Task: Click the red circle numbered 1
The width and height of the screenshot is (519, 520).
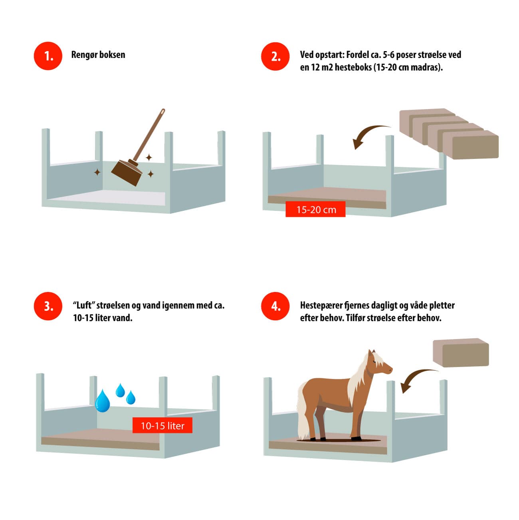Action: pyautogui.click(x=48, y=56)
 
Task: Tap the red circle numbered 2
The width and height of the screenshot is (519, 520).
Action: pyautogui.click(x=275, y=56)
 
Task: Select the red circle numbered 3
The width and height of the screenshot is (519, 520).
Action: pyautogui.click(x=48, y=306)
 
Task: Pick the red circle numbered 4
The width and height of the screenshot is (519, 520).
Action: pyautogui.click(x=275, y=306)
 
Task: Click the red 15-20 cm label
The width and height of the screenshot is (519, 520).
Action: pyautogui.click(x=315, y=210)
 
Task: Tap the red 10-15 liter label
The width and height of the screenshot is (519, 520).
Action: pyautogui.click(x=162, y=425)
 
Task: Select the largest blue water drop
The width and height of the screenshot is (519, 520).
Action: pyautogui.click(x=103, y=401)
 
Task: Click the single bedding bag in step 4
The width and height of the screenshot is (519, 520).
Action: pyautogui.click(x=461, y=353)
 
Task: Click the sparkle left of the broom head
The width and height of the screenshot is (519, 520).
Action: pyautogui.click(x=97, y=172)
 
